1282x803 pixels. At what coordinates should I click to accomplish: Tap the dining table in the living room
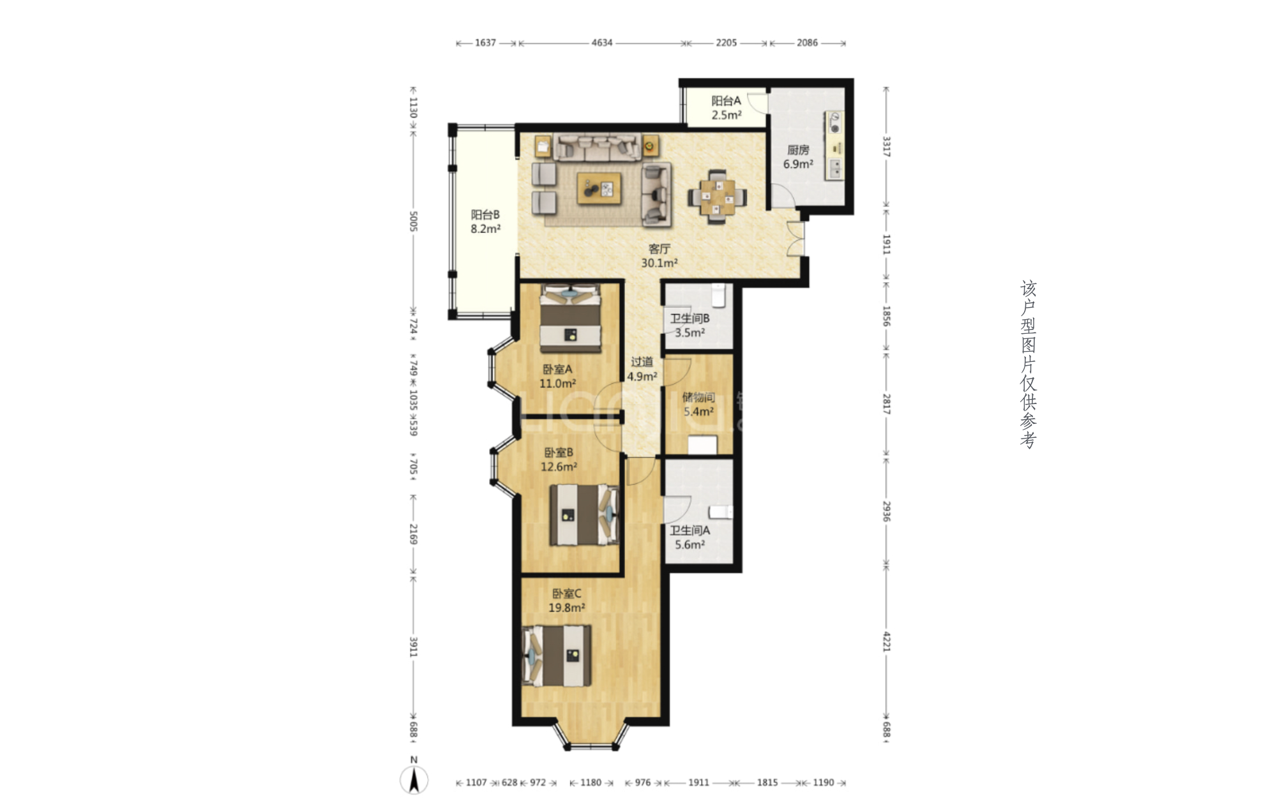click(x=717, y=197)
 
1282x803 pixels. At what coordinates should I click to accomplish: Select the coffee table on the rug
click(x=599, y=188)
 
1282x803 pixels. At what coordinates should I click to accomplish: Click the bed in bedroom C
click(x=557, y=656)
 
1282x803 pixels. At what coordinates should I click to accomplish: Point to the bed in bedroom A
click(x=571, y=318)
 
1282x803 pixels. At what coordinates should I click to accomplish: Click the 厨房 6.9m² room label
click(x=798, y=157)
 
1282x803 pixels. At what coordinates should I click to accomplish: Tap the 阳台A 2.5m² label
click(x=727, y=108)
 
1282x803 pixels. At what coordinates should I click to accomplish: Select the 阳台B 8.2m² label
click(x=485, y=222)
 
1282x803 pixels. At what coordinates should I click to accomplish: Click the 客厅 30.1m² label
click(x=660, y=256)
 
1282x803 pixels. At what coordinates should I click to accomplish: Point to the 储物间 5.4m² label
click(x=698, y=405)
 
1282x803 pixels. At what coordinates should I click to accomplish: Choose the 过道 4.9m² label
click(x=642, y=370)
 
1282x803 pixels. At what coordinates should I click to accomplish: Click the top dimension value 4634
click(x=602, y=43)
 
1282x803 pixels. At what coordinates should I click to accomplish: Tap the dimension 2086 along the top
click(x=807, y=43)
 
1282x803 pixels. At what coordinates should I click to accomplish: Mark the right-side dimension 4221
click(x=887, y=641)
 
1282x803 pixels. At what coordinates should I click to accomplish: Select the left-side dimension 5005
click(x=413, y=221)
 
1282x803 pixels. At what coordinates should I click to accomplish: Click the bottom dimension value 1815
click(x=767, y=783)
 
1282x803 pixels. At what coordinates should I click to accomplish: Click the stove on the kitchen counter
click(x=834, y=123)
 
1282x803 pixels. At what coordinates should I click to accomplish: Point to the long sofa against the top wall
click(x=596, y=146)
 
